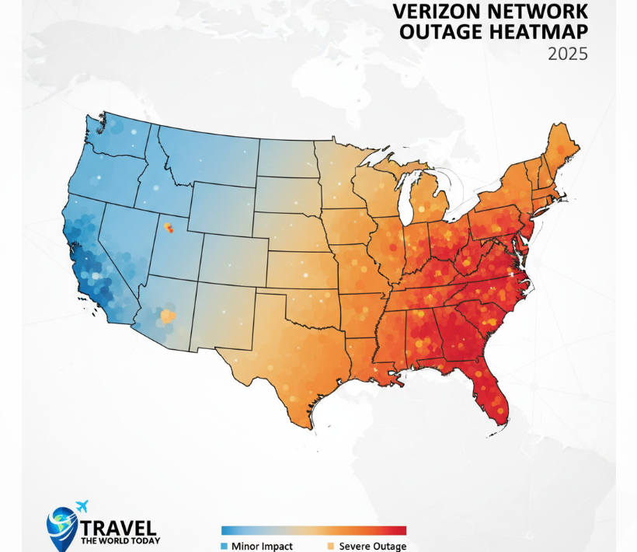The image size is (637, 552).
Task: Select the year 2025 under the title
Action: coord(567,54)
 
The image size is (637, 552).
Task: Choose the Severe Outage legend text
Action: coord(372,546)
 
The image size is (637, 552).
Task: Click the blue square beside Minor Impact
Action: coord(225,546)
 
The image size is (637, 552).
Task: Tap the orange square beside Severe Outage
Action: coord(332,546)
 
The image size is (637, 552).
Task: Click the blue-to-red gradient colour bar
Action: coord(314,531)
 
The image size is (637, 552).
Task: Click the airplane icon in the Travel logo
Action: coord(82,506)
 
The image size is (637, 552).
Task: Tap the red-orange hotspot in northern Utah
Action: coord(167,227)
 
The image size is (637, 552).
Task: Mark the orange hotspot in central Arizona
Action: coord(166,316)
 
